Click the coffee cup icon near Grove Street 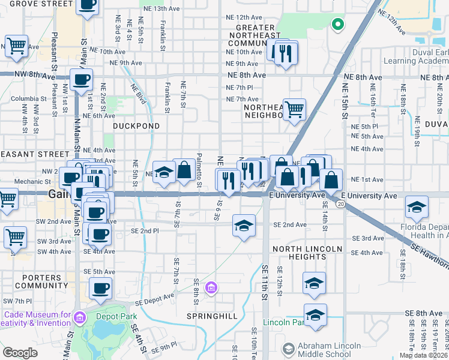87,5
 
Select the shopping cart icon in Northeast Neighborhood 294,110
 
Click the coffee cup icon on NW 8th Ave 81,79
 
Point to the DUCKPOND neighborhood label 137,127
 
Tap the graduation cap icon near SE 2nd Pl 243,226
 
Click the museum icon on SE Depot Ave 211,289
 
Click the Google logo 20,353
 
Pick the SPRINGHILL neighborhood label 212,316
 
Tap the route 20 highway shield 340,205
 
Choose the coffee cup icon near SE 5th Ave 100,288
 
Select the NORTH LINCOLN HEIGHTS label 307,253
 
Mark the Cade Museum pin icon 79,316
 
